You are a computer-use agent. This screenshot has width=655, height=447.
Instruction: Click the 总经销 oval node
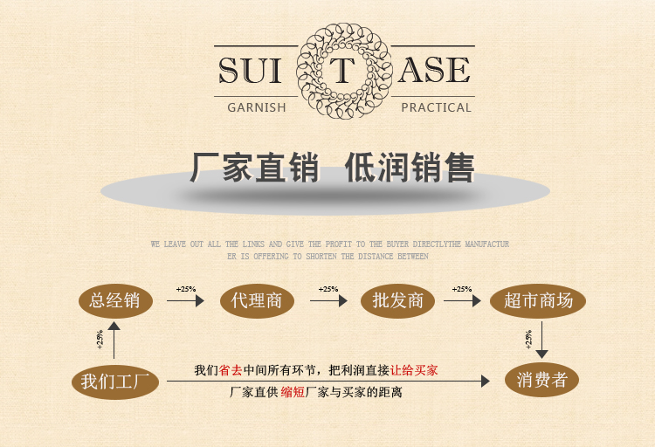114,301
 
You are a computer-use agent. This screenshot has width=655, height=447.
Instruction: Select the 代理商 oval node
256,301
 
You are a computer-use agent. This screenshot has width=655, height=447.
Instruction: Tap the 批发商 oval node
397,301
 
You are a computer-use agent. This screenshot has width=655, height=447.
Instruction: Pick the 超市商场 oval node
538,301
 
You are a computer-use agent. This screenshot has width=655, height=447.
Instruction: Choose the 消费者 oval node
541,381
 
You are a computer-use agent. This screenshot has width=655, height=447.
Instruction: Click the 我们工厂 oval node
114,381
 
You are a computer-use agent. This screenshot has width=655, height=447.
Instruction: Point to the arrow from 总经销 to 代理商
185,301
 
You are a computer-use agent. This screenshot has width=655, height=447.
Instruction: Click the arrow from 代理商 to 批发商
328,301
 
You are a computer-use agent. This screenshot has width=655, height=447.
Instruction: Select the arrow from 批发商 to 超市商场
462,301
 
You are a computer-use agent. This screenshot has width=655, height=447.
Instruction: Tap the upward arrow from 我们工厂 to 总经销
114,340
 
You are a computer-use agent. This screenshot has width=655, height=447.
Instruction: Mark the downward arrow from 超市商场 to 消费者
541,340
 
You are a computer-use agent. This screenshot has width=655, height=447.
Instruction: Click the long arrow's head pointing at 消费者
486,382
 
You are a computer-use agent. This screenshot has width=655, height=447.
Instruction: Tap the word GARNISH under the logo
256,108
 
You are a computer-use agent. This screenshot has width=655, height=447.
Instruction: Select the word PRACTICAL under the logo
436,108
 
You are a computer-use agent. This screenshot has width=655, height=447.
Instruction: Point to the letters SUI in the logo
251,71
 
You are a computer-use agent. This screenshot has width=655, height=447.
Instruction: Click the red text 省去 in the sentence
231,370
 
